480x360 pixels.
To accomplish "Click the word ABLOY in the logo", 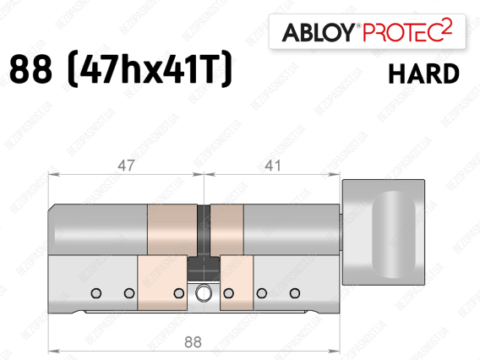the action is click(x=319, y=32).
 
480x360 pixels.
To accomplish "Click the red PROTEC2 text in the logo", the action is click(x=407, y=31).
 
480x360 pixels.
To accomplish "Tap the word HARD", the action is click(x=423, y=74).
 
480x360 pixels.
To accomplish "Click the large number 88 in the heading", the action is click(x=30, y=69).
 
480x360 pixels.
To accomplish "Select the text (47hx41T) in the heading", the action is click(x=150, y=69).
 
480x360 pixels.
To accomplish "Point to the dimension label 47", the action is click(x=126, y=166).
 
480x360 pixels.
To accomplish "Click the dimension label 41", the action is click(x=272, y=166).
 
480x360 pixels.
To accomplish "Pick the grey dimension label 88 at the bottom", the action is click(x=193, y=342).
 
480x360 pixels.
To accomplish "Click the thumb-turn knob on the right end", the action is click(x=384, y=232).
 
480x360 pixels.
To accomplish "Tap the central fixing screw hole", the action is click(x=204, y=293).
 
